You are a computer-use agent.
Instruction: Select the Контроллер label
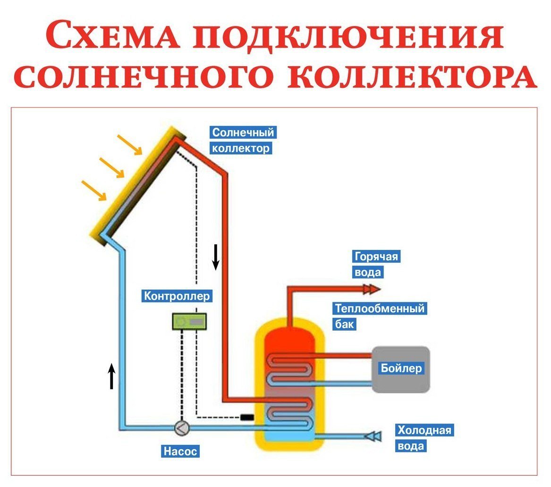(177, 296)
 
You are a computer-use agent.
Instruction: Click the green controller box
(189, 321)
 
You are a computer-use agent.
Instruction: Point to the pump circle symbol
(182, 428)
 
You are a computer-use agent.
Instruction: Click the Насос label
(179, 451)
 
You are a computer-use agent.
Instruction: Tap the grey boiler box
(401, 369)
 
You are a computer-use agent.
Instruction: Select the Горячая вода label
(376, 265)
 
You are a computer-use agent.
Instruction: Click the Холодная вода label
(424, 438)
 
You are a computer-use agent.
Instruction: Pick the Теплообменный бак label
(379, 316)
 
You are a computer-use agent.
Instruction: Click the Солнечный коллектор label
(243, 140)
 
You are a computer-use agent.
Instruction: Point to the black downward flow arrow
(216, 257)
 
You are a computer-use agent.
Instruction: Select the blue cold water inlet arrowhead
(374, 436)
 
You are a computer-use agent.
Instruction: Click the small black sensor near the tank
(246, 417)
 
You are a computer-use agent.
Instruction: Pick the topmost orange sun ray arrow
(129, 145)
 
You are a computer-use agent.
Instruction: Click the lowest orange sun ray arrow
(94, 190)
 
